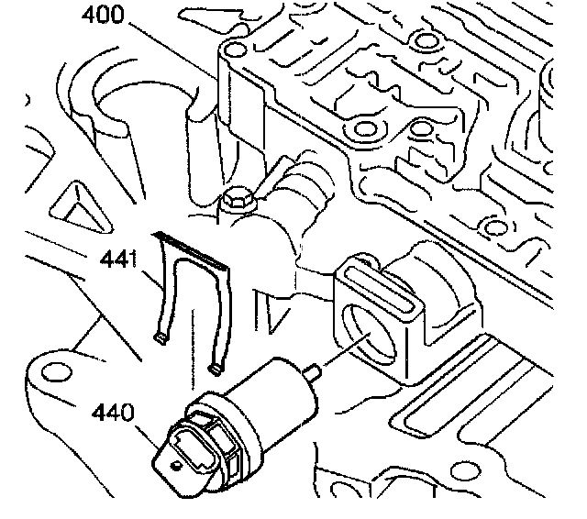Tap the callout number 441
(x=118, y=260)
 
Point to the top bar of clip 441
(x=193, y=248)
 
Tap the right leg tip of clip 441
(x=216, y=368)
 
